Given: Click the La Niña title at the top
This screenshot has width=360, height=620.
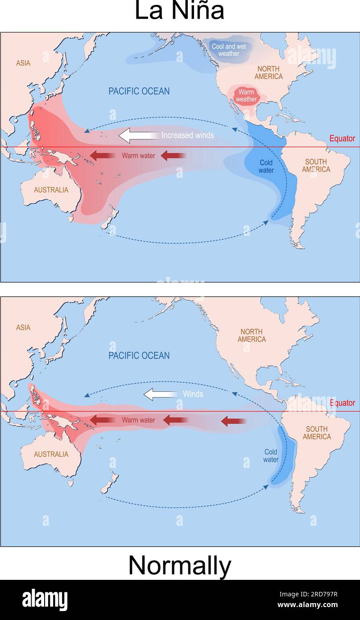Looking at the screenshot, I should [179, 11].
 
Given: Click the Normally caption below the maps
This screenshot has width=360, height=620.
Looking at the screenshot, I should [179, 566].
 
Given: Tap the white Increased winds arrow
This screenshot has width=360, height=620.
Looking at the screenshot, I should [138, 136].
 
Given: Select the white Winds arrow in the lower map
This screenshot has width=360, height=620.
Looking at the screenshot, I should [161, 394].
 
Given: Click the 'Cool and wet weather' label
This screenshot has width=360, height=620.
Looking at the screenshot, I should [228, 50].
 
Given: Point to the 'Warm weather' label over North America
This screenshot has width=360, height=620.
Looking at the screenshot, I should [246, 95].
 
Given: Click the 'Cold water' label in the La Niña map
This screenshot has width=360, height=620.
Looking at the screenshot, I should [266, 166].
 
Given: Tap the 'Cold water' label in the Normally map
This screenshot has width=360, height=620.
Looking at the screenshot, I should [271, 455].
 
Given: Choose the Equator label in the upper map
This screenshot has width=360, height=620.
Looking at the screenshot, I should [342, 139].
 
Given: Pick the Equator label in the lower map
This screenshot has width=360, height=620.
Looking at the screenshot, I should [342, 403].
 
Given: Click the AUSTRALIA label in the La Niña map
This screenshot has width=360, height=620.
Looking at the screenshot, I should [51, 190].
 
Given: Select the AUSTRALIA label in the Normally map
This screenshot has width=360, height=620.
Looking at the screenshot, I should [51, 454].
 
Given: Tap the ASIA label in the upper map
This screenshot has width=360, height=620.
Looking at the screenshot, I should [23, 63].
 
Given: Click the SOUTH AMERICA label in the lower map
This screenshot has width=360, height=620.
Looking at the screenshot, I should [317, 433].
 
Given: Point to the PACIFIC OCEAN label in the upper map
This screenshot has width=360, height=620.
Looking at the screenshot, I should [139, 91].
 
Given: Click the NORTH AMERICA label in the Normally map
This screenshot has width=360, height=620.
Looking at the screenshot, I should [252, 335].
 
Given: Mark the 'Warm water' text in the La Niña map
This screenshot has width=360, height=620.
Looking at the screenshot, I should [138, 156].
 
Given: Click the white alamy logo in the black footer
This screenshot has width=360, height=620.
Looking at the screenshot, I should [45, 599].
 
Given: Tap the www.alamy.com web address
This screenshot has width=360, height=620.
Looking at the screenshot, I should [307, 605].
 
